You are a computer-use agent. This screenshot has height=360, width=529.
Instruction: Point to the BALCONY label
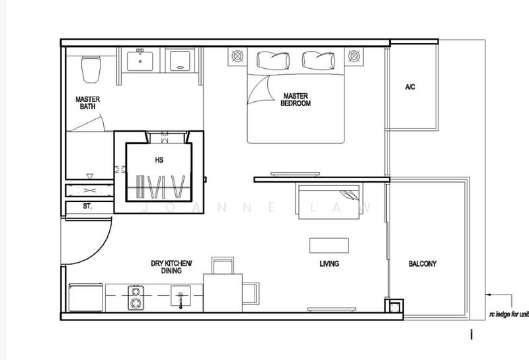coord(423,264)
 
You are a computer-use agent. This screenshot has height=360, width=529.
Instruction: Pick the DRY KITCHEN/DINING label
coord(171,267)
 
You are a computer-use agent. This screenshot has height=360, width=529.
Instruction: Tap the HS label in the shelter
coord(159,159)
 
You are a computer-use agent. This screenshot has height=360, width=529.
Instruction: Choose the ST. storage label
coord(87,207)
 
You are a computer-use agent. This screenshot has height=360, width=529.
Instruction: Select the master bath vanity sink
coord(140,61)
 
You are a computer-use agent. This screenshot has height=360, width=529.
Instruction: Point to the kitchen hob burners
coord(136,296)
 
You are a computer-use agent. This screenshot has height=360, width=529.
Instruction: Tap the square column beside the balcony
coord(393,305)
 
